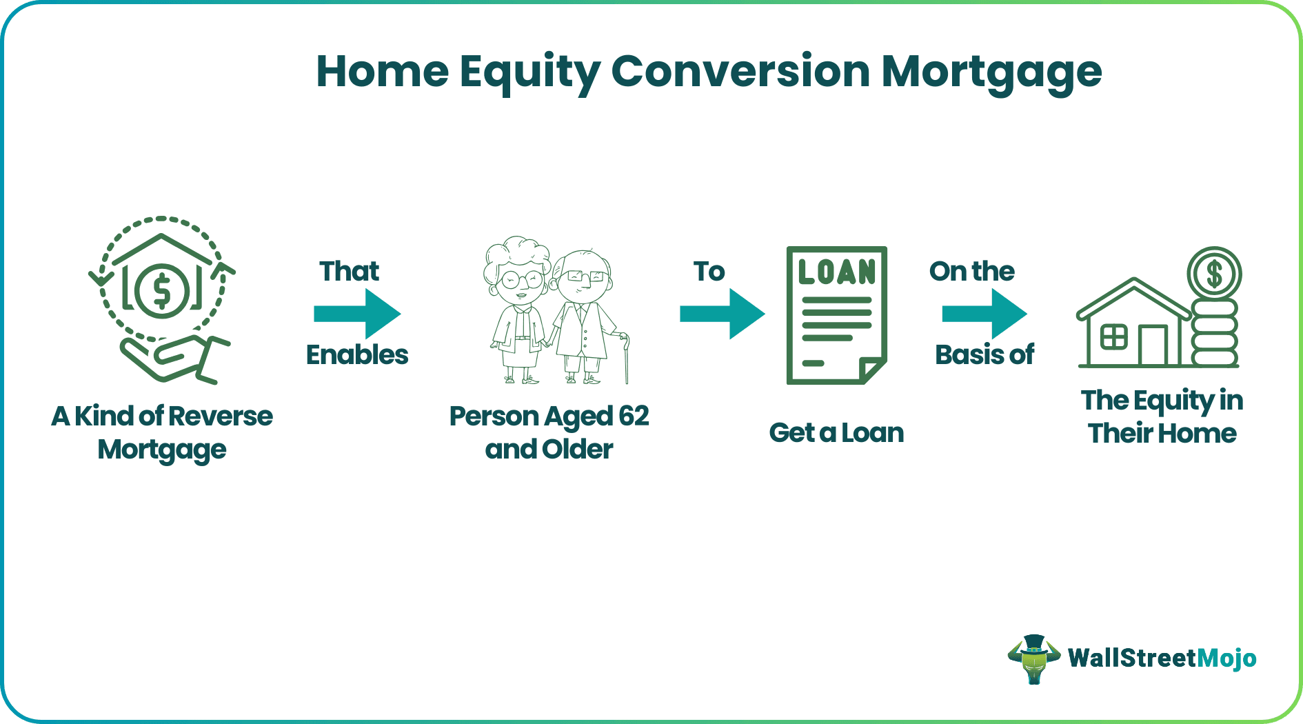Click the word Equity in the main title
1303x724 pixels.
(529, 72)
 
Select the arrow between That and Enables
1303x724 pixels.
(357, 314)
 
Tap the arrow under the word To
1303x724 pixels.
(722, 314)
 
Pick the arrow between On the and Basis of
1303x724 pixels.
(984, 314)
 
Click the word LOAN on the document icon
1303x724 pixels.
(836, 272)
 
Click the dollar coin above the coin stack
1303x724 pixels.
(1214, 274)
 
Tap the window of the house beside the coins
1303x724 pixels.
(1113, 338)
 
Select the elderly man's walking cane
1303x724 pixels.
(626, 359)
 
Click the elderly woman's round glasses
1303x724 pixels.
(522, 280)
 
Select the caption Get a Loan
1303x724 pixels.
(836, 433)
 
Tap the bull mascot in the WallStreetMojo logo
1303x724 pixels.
(1033, 658)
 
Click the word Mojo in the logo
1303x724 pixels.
(1226, 658)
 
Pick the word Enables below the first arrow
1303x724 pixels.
(357, 355)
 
